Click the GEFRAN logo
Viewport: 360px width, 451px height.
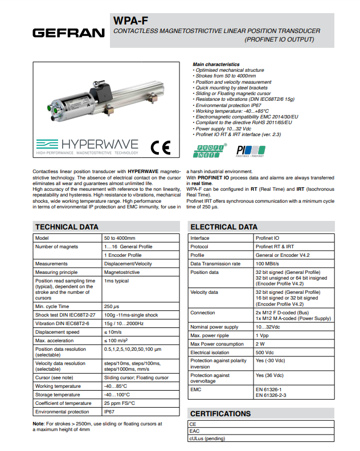pyautogui.click(x=68, y=33)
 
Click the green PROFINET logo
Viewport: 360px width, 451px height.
pyautogui.click(x=210, y=150)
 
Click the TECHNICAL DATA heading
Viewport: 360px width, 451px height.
pyautogui.click(x=67, y=227)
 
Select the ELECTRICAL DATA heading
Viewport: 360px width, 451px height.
pyautogui.click(x=224, y=227)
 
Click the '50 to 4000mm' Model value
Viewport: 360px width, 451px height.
pyautogui.click(x=120, y=238)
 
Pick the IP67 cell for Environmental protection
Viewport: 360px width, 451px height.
pyautogui.click(x=109, y=411)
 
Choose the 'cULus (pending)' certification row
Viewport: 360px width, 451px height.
pyautogui.click(x=207, y=438)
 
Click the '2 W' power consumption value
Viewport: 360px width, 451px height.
pyautogui.click(x=260, y=344)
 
